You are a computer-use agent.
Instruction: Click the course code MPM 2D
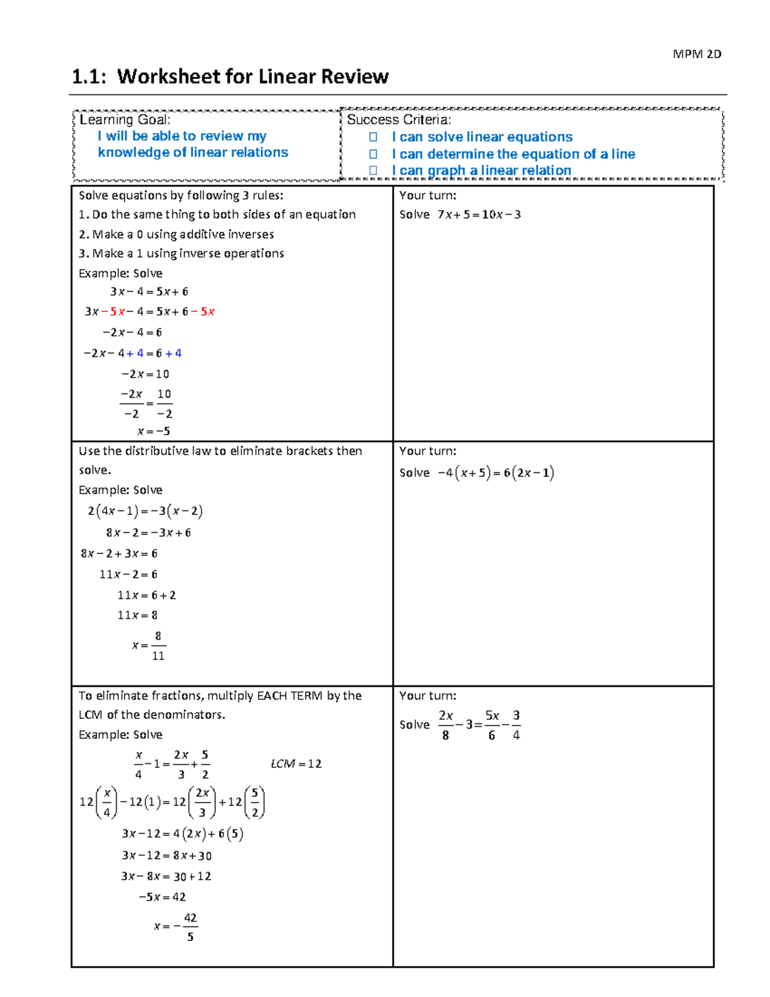pyautogui.click(x=697, y=54)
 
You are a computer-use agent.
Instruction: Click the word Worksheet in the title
pyautogui.click(x=170, y=76)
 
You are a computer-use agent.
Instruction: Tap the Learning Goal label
pyautogui.click(x=124, y=119)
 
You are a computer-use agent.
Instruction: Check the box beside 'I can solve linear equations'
pyautogui.click(x=373, y=137)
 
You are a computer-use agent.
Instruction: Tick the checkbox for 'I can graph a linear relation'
pyautogui.click(x=373, y=170)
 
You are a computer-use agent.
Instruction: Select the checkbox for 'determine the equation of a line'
pyautogui.click(x=373, y=154)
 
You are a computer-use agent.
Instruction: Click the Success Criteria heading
pyautogui.click(x=398, y=119)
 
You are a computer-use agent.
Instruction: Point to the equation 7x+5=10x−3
pyautogui.click(x=479, y=214)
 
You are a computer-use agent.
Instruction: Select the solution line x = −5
pyautogui.click(x=153, y=431)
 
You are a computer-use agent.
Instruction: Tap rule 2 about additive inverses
pyautogui.click(x=176, y=234)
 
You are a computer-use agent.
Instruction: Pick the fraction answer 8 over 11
pyautogui.click(x=158, y=645)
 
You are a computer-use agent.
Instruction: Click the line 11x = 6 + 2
pyautogui.click(x=146, y=595)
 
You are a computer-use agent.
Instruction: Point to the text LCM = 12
pyautogui.click(x=296, y=764)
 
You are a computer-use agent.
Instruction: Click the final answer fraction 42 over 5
pyautogui.click(x=190, y=927)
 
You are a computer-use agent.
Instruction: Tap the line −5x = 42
pyautogui.click(x=162, y=897)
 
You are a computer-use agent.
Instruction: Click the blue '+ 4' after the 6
pyautogui.click(x=173, y=353)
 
